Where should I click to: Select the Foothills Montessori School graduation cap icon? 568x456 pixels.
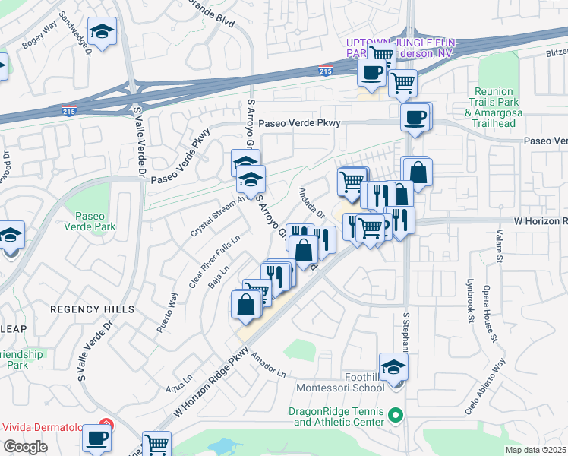(393, 366)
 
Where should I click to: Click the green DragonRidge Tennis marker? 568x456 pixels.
(394, 415)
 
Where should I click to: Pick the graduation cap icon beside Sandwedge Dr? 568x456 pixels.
(101, 31)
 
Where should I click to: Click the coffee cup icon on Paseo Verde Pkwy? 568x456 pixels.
(415, 117)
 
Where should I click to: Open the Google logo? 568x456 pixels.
(26, 446)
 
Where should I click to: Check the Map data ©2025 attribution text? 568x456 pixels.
(535, 450)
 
